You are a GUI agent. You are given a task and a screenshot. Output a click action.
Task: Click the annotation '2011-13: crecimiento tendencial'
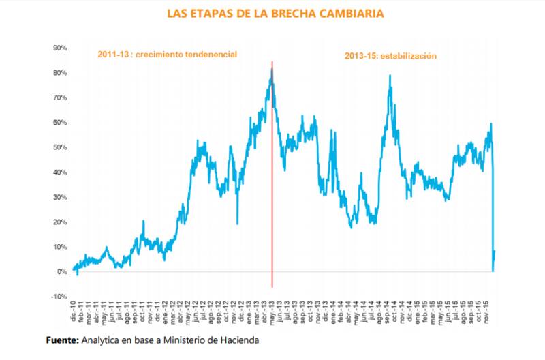(x=166, y=54)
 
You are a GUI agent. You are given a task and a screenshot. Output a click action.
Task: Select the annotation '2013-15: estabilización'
(x=390, y=56)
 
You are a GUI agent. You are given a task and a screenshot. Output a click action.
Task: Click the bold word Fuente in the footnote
(x=63, y=340)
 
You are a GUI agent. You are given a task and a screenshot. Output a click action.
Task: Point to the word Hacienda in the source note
(x=239, y=340)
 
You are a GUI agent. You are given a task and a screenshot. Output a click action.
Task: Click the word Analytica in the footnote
(x=102, y=340)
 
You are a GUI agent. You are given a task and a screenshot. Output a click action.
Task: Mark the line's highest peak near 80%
(x=272, y=70)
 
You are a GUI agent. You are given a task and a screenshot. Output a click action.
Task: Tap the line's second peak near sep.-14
(x=390, y=76)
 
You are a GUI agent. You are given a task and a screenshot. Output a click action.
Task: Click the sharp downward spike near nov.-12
(x=237, y=222)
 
